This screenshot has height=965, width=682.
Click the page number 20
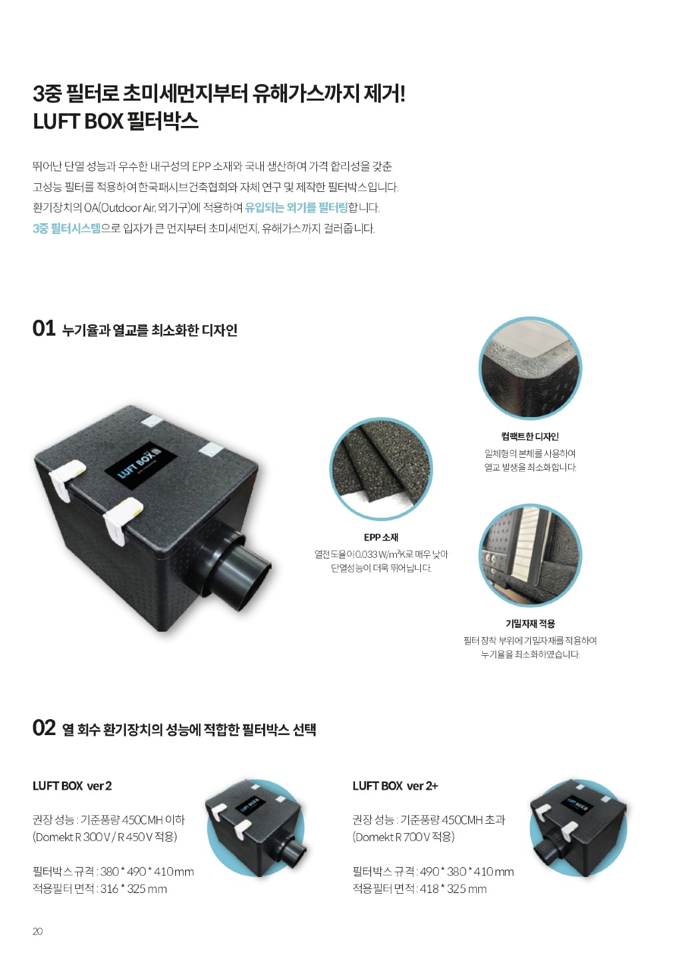(x=37, y=931)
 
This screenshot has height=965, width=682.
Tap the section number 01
(x=43, y=329)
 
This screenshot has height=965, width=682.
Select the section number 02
(x=44, y=728)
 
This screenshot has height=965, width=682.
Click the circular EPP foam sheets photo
(x=381, y=469)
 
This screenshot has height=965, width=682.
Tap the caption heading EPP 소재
(x=381, y=537)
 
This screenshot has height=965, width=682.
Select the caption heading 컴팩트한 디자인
(x=530, y=437)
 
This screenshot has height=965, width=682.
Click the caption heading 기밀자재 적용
(x=530, y=623)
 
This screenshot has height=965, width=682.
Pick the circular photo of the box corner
(x=530, y=369)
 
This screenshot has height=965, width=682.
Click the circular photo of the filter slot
(x=530, y=555)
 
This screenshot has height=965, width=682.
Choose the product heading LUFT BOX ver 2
(x=73, y=786)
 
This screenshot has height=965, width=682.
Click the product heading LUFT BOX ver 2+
(x=395, y=786)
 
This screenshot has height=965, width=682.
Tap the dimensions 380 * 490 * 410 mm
(x=147, y=872)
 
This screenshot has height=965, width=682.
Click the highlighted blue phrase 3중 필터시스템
(x=67, y=229)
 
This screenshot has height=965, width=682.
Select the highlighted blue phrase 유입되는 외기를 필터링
(x=296, y=208)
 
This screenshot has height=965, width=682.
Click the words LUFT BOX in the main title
(x=78, y=121)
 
